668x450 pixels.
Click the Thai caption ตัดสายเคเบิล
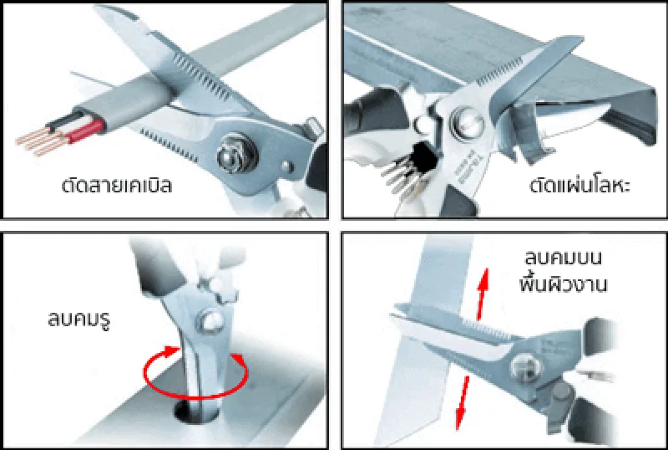[117, 186]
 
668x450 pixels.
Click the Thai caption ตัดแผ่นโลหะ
[579, 186]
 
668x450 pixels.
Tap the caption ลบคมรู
[79, 320]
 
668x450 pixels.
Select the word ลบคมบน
[563, 258]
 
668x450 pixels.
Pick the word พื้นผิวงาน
[563, 284]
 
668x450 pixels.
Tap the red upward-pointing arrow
[483, 294]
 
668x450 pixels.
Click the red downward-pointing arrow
[462, 402]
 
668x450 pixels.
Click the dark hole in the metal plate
[197, 411]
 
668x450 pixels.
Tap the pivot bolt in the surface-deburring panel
[526, 366]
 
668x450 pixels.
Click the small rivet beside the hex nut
[287, 166]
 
